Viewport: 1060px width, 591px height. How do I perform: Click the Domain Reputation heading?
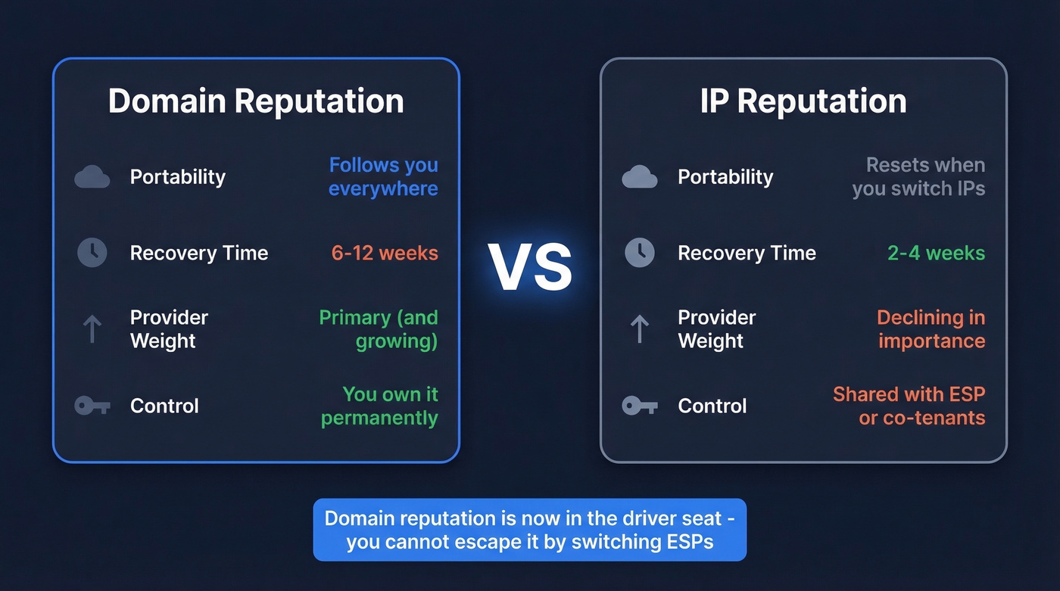(x=256, y=101)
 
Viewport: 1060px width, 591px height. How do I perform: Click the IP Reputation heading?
(x=803, y=101)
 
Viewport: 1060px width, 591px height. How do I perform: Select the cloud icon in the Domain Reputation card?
(x=92, y=178)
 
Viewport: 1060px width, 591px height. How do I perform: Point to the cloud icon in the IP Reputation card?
(x=640, y=178)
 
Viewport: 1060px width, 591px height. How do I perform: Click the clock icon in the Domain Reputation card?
(x=92, y=253)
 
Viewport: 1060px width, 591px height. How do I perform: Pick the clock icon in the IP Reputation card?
(x=640, y=253)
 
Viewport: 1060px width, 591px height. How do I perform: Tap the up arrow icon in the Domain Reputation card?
(x=92, y=329)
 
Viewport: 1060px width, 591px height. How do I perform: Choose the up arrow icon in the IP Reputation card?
(x=640, y=329)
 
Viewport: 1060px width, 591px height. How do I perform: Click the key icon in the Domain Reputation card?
(x=92, y=406)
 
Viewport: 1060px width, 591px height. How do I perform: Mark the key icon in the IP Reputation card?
(x=640, y=406)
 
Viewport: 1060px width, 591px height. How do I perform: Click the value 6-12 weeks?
(x=385, y=253)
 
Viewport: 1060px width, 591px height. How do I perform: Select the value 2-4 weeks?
(x=937, y=253)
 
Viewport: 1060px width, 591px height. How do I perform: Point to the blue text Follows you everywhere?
(x=383, y=176)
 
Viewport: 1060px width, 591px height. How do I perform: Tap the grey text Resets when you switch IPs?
(x=919, y=176)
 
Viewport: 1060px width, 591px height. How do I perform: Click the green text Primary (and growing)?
(x=379, y=329)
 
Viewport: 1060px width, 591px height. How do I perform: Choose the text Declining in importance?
(x=931, y=329)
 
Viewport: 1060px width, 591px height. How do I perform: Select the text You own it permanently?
(x=380, y=406)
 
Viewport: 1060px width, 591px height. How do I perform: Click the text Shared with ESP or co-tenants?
(x=909, y=406)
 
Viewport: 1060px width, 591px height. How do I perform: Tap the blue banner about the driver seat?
(x=530, y=530)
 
